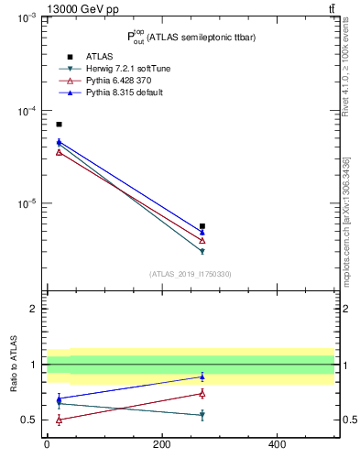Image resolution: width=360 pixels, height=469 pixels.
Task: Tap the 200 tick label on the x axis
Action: click(x=161, y=444)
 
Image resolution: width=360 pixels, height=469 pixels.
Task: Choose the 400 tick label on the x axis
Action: click(x=277, y=444)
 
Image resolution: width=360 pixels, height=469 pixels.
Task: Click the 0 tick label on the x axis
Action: click(x=47, y=444)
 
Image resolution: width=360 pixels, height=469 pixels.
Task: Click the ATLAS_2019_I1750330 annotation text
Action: click(x=191, y=274)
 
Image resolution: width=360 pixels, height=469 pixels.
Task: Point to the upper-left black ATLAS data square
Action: click(x=59, y=124)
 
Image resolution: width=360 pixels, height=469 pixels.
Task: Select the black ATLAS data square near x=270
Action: click(x=202, y=225)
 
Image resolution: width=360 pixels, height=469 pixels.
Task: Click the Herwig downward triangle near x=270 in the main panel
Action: click(x=202, y=251)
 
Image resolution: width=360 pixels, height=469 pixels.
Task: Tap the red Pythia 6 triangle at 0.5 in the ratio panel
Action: click(x=59, y=420)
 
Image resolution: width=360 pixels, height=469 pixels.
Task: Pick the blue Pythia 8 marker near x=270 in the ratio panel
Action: click(x=202, y=376)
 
